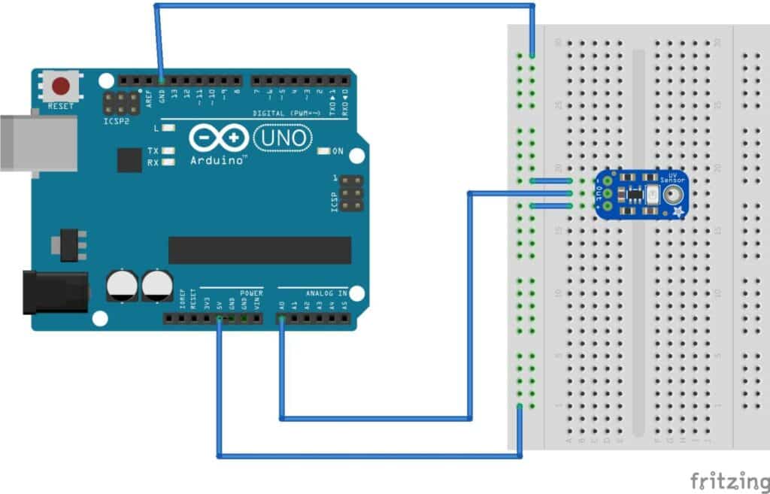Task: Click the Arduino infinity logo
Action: (x=218, y=138)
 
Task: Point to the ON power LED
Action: (x=324, y=151)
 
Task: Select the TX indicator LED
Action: (x=168, y=150)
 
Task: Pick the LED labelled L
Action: (x=168, y=129)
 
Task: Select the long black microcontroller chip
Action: (x=259, y=250)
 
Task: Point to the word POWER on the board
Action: (x=251, y=292)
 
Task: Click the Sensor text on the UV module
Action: (x=672, y=181)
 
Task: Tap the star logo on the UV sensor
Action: (x=678, y=212)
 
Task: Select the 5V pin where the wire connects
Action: (x=219, y=320)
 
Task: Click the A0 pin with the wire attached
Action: (x=282, y=320)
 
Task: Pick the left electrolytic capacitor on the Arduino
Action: (x=122, y=286)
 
